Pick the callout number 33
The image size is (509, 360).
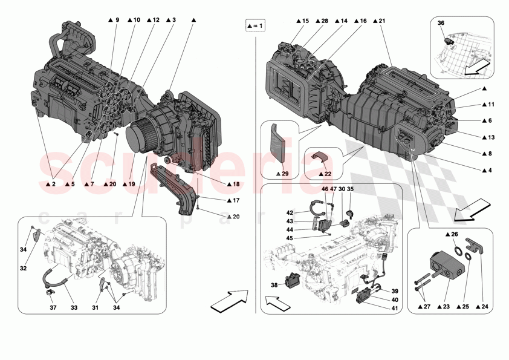coord(74,308)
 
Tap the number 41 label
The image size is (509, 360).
coord(394,308)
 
